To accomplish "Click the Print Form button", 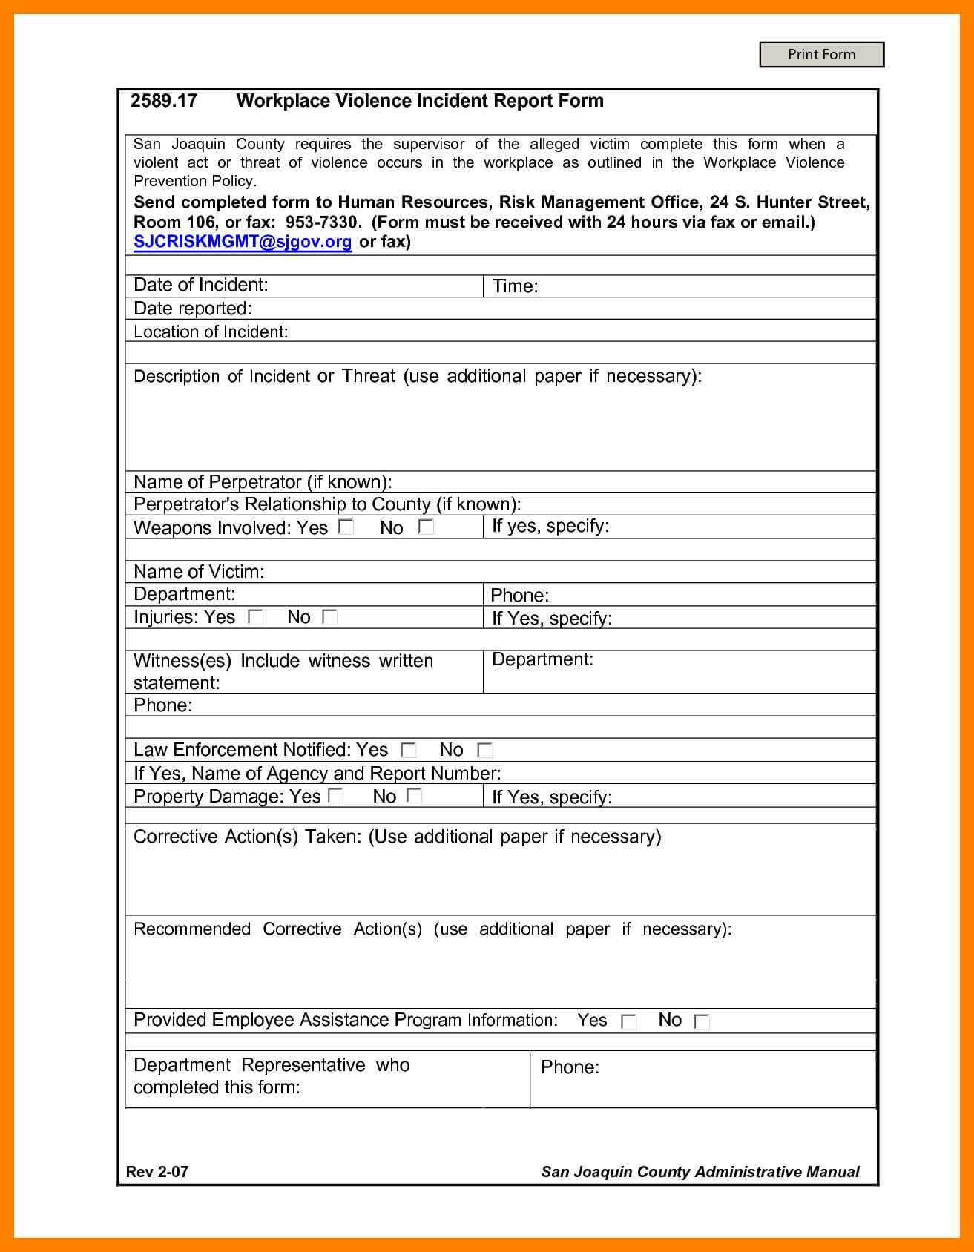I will click(821, 55).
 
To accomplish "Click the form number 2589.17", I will click(164, 101).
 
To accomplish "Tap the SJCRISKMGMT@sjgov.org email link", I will click(243, 242).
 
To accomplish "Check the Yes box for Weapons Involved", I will click(346, 527).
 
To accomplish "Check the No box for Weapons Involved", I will click(426, 527).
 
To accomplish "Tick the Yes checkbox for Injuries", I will click(255, 617).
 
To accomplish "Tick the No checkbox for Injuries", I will click(330, 617).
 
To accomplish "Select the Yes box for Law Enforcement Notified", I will click(408, 750).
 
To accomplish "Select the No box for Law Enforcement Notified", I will click(484, 750).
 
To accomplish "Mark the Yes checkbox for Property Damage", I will click(336, 796).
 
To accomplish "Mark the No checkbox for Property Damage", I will click(415, 796).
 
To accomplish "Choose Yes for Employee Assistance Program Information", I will click(628, 1022).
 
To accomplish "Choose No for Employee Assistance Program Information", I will click(701, 1022).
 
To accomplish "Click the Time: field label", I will click(515, 286).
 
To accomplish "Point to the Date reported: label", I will click(193, 309).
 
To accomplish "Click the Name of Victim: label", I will click(199, 572).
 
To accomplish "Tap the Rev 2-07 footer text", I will click(157, 1172).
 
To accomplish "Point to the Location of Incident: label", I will click(211, 332).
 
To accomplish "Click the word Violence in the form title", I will click(375, 101).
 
